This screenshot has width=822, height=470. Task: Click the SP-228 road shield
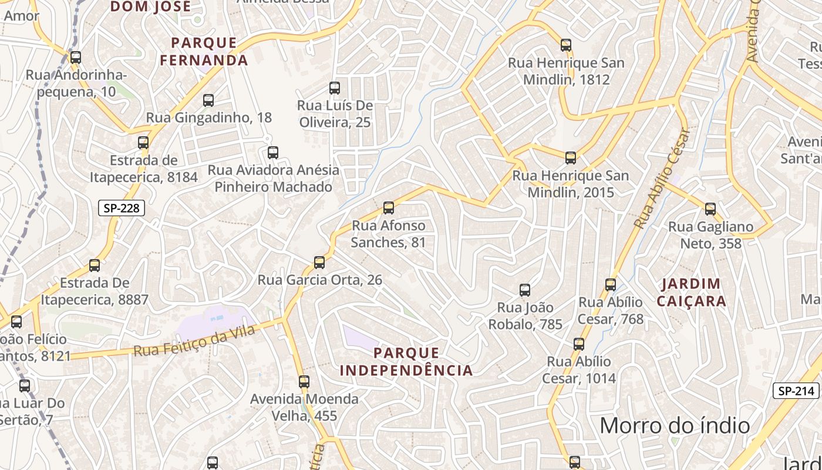[121, 208]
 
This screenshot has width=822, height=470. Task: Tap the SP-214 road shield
[796, 391]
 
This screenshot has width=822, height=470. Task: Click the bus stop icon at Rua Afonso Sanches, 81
[388, 207]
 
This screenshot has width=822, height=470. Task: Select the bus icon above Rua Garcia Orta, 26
[319, 262]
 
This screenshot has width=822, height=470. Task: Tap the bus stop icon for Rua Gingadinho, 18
[208, 100]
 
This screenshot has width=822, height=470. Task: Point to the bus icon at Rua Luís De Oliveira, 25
[335, 88]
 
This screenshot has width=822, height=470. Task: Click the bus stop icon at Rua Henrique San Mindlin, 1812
[566, 45]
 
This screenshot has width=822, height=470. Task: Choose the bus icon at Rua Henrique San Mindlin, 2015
[571, 157]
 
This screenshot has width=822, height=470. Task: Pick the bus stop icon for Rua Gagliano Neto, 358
[710, 209]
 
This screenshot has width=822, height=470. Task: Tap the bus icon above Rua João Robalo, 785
[525, 290]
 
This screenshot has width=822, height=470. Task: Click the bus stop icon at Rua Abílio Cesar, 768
[611, 285]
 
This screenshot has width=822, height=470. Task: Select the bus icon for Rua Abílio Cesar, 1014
[579, 344]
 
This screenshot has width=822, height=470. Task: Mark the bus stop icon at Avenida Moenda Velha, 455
[304, 382]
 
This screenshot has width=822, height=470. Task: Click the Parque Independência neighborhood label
[406, 361]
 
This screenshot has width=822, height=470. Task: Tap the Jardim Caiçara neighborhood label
[691, 293]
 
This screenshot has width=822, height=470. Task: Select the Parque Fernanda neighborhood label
[204, 51]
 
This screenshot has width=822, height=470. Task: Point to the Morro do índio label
[675, 425]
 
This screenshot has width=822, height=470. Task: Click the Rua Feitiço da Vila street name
[194, 341]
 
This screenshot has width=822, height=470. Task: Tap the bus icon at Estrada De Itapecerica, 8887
[95, 265]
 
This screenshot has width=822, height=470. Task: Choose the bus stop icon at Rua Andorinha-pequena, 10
[76, 58]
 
